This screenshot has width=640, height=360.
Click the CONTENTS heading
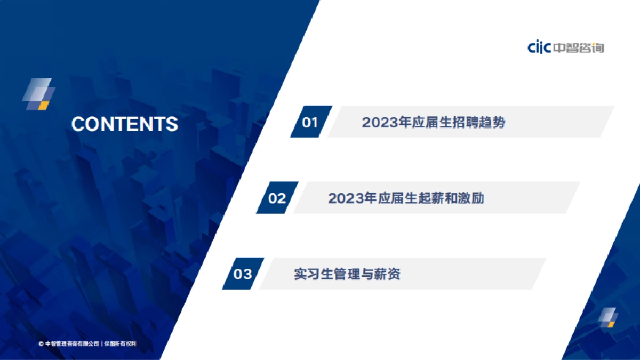pos(124,124)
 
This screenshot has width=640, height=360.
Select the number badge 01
pos(310,122)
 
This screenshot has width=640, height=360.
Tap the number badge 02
pos(277,198)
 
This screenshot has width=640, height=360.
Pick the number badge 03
pos(243,274)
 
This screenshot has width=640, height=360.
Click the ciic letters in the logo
pos(539,47)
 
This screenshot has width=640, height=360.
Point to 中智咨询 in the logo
pos(578,47)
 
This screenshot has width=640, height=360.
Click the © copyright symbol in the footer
pos(41,344)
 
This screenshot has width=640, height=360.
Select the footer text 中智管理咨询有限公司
pos(72,344)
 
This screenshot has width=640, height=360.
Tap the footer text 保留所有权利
pos(121,344)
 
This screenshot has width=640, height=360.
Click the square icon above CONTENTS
pos(38,94)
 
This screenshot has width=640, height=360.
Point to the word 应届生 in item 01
pos(441,122)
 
